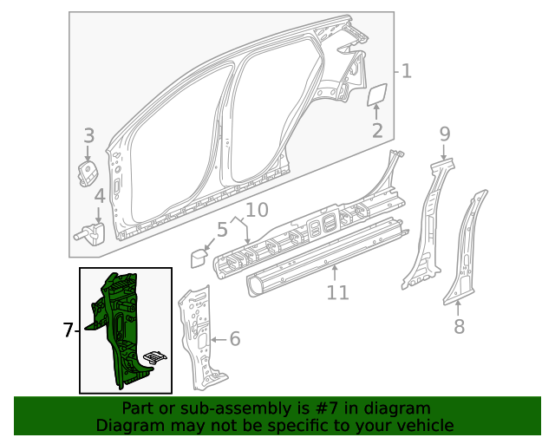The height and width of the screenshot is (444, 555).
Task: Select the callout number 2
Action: pos(377,131)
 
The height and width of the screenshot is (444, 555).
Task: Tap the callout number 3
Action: pos(88,135)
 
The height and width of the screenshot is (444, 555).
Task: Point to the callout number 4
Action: pos(100,196)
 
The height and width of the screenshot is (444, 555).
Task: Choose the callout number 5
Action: pos(221,230)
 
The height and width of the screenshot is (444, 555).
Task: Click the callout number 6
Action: pos(234,339)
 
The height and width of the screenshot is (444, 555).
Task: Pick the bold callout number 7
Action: pos(69,330)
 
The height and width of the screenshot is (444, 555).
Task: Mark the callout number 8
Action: pos(459,326)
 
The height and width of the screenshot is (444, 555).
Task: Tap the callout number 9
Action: pos(444,134)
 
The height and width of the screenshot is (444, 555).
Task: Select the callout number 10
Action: pos(257,209)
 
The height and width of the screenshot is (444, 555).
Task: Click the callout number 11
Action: pos(337,292)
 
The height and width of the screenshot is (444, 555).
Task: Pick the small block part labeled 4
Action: pos(93,232)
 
